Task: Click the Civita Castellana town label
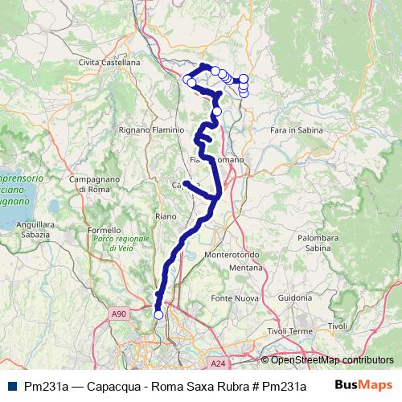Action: point(109,62)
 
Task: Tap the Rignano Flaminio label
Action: point(152,129)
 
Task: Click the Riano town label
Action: point(166,215)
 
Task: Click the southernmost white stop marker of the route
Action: point(158,315)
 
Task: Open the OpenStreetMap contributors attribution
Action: point(332,359)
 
